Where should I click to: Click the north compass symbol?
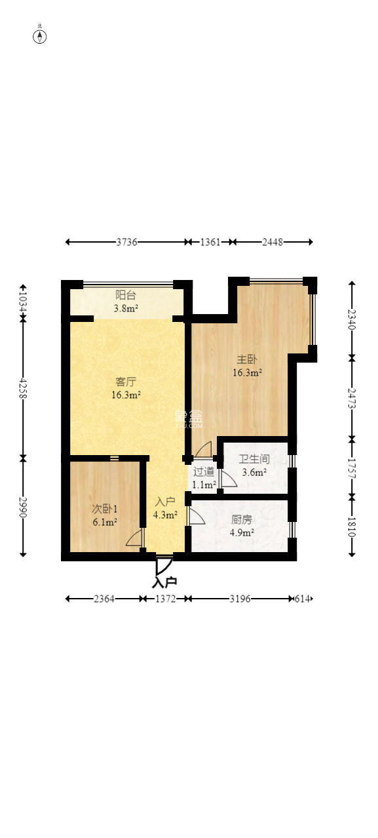39,36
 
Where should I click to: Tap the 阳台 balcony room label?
125,295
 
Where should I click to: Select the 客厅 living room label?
126,382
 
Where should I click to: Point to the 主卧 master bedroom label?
247,359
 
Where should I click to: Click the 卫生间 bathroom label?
254,459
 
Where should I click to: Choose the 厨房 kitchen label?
242,519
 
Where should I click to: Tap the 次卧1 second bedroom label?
105,509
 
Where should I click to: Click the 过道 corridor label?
204,471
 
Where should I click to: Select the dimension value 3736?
126,242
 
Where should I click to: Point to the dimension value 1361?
210,242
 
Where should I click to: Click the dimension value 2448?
272,242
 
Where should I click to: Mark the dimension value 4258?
23,388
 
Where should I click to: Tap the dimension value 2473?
352,398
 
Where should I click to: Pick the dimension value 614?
302,599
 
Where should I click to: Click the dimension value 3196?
240,599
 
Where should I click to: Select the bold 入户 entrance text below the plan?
164,582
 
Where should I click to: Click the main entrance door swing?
163,567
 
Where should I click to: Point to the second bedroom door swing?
136,537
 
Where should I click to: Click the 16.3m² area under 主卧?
247,372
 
